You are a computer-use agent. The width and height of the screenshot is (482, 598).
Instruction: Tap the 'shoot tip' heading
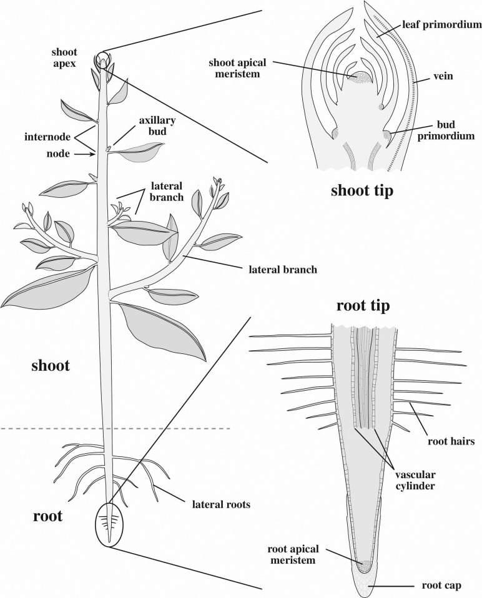[x=361, y=190]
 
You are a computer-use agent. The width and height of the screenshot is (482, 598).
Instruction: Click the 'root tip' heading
[x=363, y=306]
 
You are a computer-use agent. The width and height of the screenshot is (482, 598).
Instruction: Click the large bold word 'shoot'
[x=51, y=366]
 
